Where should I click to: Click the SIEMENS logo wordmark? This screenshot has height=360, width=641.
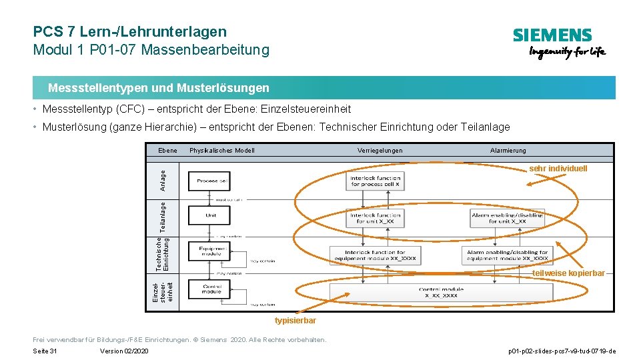(552, 36)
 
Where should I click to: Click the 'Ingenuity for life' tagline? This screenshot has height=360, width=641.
(567, 53)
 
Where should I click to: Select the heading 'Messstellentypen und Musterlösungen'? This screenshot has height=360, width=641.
(159, 88)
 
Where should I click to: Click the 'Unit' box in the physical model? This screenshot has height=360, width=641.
(211, 215)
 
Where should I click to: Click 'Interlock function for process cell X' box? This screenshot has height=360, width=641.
(375, 181)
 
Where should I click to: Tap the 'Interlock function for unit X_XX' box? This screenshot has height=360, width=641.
(375, 218)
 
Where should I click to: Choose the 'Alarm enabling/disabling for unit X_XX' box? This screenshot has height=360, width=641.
(508, 218)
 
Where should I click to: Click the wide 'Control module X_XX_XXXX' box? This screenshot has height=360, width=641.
(441, 292)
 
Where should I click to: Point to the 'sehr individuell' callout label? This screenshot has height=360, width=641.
(558, 169)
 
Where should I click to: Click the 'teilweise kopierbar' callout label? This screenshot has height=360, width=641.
(569, 273)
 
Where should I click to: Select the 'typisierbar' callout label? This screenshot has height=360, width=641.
(295, 321)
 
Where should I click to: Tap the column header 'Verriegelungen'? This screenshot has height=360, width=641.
(380, 151)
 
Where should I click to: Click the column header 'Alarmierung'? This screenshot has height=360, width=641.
(508, 151)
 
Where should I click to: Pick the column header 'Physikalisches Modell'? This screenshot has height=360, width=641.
(222, 151)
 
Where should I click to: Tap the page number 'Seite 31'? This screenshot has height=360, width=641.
(45, 351)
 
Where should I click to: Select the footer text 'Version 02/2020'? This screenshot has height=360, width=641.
(124, 351)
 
